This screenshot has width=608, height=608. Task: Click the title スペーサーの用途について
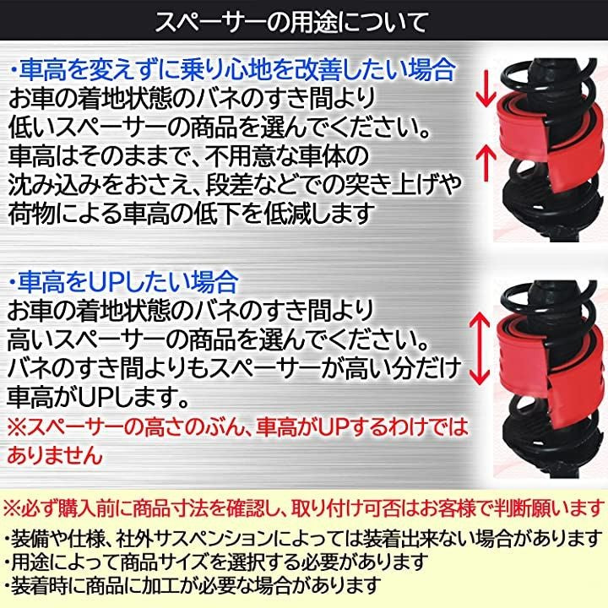(x=291, y=22)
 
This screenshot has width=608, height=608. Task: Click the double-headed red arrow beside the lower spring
(x=480, y=348)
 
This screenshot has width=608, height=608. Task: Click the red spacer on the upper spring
(x=551, y=142)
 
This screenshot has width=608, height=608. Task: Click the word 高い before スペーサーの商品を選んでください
(x=31, y=339)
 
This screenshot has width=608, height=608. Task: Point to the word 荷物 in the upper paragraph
(x=31, y=213)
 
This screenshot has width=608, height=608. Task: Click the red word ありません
(x=55, y=454)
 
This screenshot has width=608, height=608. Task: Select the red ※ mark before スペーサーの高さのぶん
(x=18, y=426)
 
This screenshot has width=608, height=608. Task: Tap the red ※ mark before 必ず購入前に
(x=13, y=508)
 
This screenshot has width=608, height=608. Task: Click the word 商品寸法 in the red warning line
(x=170, y=508)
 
